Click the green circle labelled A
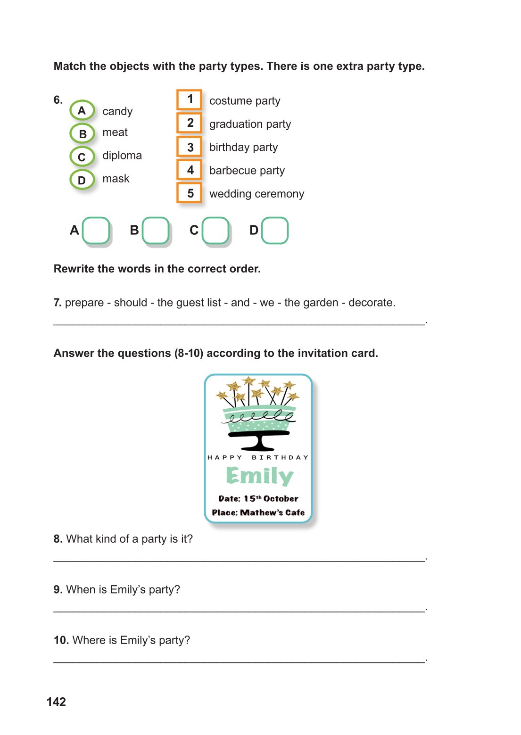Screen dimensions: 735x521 pyautogui.click(x=82, y=111)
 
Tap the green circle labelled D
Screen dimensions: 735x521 pyautogui.click(x=82, y=180)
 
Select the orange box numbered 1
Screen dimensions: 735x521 pyautogui.click(x=190, y=99)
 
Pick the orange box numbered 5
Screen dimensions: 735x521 pyautogui.click(x=190, y=193)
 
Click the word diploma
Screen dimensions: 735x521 pyautogui.click(x=122, y=156)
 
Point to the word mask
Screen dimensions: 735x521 pyautogui.click(x=116, y=179)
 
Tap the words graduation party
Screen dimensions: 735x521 pyautogui.click(x=250, y=124)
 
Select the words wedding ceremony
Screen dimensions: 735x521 pyautogui.click(x=256, y=194)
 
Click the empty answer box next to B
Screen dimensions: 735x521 pyautogui.click(x=156, y=231)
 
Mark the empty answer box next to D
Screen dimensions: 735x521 pyautogui.click(x=275, y=231)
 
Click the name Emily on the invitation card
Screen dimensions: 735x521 pyautogui.click(x=259, y=476)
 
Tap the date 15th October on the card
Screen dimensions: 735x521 pyautogui.click(x=271, y=498)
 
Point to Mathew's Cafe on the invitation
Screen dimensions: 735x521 pyautogui.click(x=273, y=512)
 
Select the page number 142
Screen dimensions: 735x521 pyautogui.click(x=56, y=702)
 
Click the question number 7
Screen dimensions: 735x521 pyautogui.click(x=58, y=303)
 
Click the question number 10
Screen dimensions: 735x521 pyautogui.click(x=61, y=640)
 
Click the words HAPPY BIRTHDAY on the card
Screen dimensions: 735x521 pyautogui.click(x=258, y=457)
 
